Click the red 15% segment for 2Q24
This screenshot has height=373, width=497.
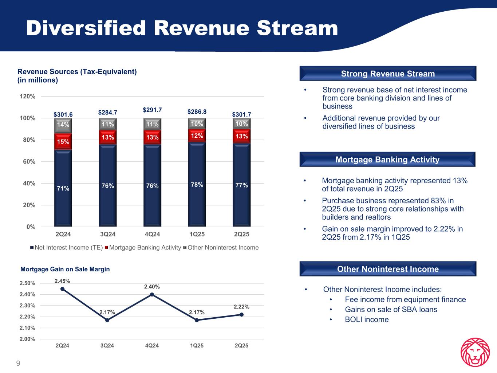(63, 141)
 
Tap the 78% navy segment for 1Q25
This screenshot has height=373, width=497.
(197, 184)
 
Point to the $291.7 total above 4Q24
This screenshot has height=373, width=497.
(152, 110)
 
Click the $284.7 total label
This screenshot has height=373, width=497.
(108, 113)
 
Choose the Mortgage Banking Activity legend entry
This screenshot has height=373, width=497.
(145, 248)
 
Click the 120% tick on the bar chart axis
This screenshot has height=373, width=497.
(28, 97)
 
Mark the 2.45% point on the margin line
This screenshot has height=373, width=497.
(62, 289)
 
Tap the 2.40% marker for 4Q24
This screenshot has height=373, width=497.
(152, 294)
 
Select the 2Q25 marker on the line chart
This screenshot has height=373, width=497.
(241, 315)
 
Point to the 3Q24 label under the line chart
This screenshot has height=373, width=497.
(107, 345)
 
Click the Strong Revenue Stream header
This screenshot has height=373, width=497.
(388, 74)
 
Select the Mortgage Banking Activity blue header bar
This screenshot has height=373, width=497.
(387, 160)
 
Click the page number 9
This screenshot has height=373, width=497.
(18, 363)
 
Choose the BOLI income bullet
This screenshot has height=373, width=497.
(367, 319)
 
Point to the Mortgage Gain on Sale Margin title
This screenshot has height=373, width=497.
(65, 269)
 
